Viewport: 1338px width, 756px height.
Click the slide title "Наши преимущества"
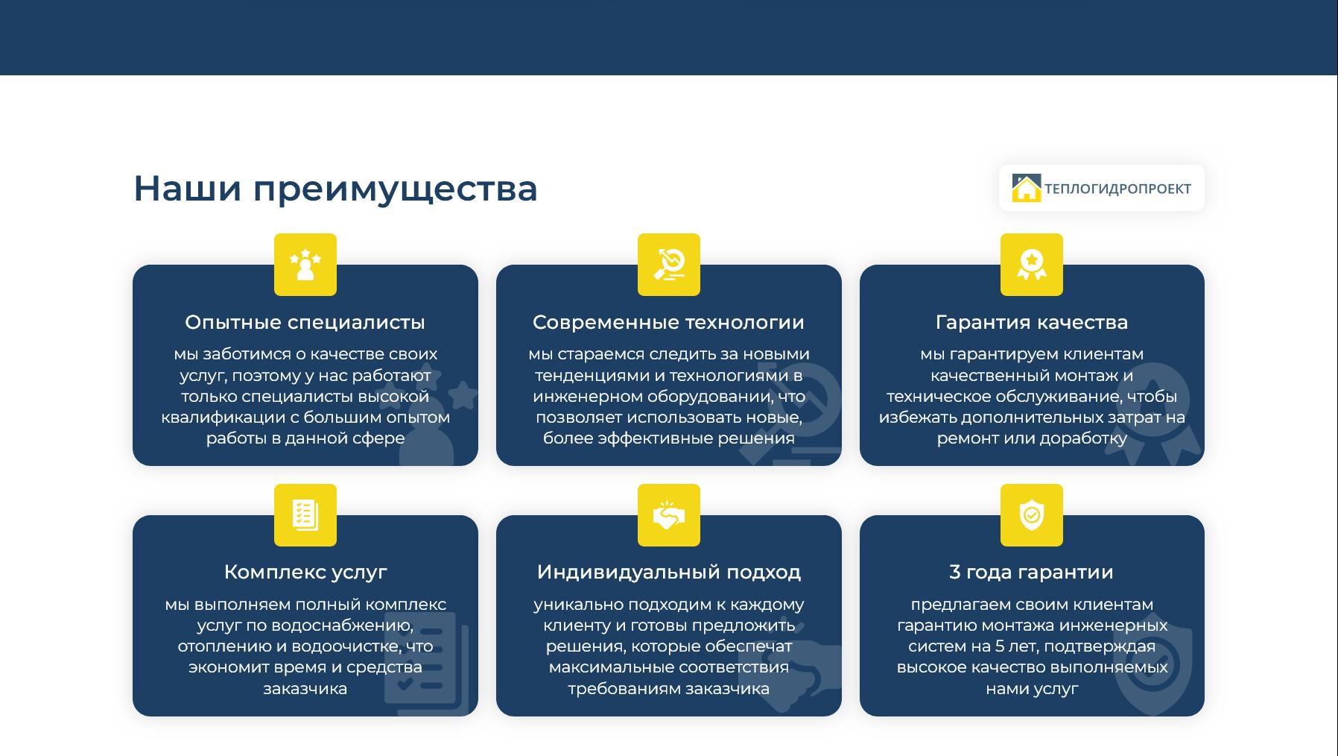pos(335,189)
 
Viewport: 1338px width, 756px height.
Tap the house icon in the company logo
pos(1026,188)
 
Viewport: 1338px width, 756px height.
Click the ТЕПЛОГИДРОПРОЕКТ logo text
pos(1117,189)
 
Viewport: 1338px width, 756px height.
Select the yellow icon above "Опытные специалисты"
pos(305,265)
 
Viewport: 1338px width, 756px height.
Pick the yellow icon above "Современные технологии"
pos(669,265)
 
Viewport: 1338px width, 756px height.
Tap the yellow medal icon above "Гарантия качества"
pos(1032,265)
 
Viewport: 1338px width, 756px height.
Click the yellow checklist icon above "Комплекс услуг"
pos(305,515)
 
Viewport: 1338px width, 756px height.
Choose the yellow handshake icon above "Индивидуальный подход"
pos(669,515)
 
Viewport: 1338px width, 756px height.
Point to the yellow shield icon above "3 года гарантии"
pos(1032,515)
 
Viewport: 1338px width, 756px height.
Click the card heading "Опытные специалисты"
pos(305,323)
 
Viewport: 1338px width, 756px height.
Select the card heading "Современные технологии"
pos(668,323)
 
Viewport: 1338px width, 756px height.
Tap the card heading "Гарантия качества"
pos(1032,323)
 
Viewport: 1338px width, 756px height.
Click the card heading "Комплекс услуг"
pos(305,573)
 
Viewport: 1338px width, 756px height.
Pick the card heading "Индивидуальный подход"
pos(669,573)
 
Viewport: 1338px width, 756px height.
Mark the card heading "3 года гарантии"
pos(1032,573)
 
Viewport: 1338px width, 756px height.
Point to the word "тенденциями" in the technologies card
pos(589,376)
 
